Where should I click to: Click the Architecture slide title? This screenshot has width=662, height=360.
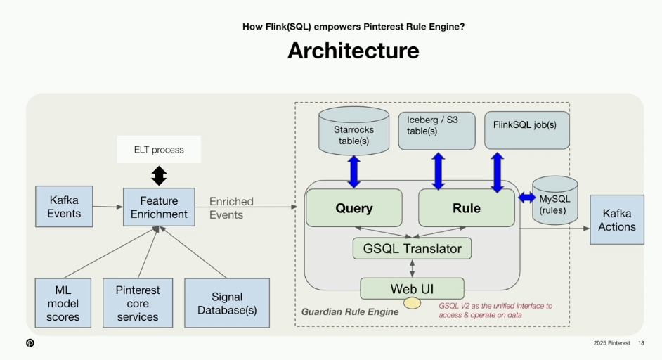[353, 51]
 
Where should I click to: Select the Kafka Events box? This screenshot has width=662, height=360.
[64, 206]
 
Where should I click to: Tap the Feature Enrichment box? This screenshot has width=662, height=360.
[159, 207]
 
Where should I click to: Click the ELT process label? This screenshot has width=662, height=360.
[159, 150]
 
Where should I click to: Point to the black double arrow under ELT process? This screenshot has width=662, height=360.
[160, 175]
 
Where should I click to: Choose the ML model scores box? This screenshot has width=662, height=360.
[63, 303]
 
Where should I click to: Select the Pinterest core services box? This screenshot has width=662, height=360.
[138, 303]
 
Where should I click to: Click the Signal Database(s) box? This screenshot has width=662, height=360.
[227, 303]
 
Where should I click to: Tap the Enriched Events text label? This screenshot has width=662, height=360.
[231, 208]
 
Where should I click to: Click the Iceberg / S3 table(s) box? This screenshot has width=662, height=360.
[436, 131]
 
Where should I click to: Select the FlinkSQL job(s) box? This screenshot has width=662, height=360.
[526, 130]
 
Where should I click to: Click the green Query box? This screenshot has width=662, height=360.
[353, 208]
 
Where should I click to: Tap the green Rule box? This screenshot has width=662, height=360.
[467, 208]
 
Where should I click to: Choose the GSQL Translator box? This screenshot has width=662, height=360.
[412, 248]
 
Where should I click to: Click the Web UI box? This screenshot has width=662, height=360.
[412, 289]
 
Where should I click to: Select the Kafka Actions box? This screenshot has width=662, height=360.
[616, 220]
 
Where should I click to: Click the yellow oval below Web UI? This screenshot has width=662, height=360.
[412, 304]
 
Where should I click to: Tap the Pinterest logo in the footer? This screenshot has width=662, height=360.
[30, 343]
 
